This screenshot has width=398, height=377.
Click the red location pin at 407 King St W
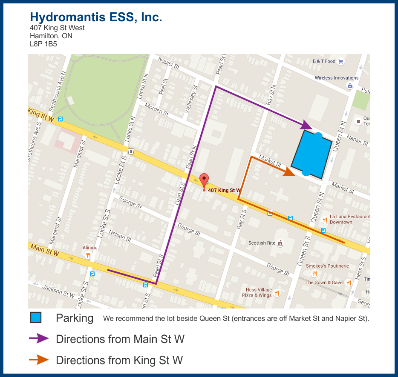[204, 180]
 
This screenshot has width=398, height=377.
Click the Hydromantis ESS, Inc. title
[96, 17]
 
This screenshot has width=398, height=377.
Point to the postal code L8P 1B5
[43, 44]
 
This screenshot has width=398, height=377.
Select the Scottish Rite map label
[262, 243]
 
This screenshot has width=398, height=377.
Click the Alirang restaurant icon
[88, 255]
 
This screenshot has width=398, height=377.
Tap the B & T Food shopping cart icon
[340, 61]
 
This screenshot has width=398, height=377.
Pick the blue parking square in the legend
[36, 318]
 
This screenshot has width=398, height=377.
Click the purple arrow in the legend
[39, 339]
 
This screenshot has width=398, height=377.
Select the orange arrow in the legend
[39, 360]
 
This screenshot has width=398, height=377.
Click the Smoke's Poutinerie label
[327, 266]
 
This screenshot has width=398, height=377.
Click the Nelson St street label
[120, 235]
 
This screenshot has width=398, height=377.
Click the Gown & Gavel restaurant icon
[349, 282]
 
